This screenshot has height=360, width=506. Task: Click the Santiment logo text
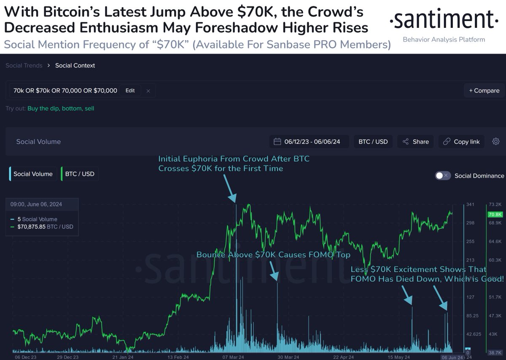pyautogui.click(x=441, y=20)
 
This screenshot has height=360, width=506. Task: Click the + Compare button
pyautogui.click(x=484, y=90)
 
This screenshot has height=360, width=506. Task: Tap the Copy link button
pyautogui.click(x=461, y=142)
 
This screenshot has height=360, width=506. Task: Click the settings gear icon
pyautogui.click(x=496, y=142)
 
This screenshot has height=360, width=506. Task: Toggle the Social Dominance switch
pyautogui.click(x=443, y=176)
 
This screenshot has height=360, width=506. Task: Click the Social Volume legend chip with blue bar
pyautogui.click(x=32, y=174)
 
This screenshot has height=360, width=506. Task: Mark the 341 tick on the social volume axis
pyautogui.click(x=471, y=205)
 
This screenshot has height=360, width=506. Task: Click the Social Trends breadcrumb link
pyautogui.click(x=24, y=65)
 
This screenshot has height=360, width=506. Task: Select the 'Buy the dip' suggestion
pyautogui.click(x=43, y=108)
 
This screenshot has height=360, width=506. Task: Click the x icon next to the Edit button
pyautogui.click(x=148, y=91)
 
